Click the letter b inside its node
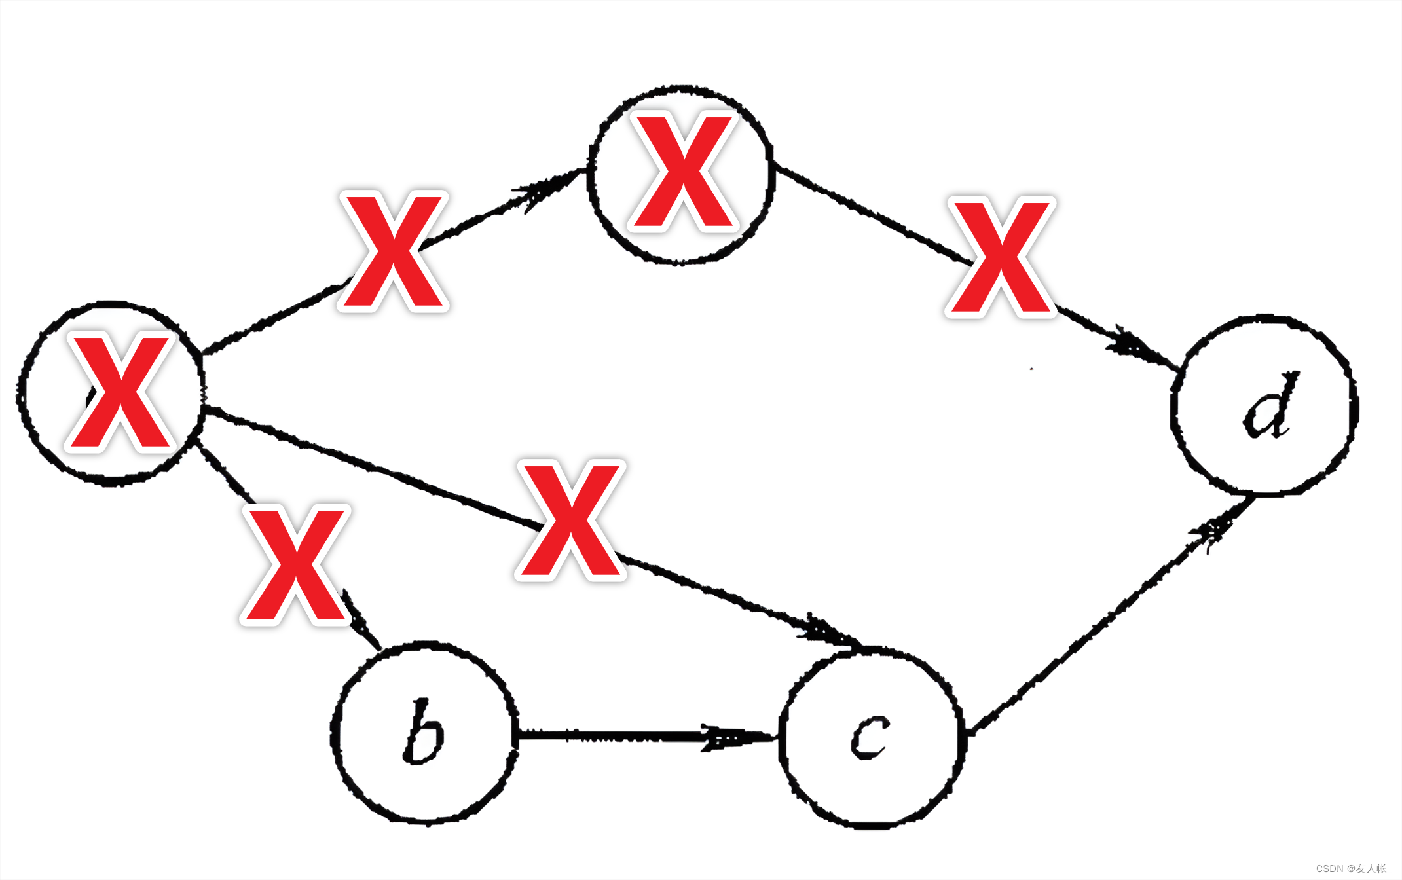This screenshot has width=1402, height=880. click(x=424, y=731)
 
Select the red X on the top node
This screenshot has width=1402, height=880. click(x=684, y=172)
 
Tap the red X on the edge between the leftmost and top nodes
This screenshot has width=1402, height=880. click(x=393, y=251)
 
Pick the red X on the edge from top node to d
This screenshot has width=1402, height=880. click(x=1001, y=257)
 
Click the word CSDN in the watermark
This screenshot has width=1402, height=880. click(x=1329, y=869)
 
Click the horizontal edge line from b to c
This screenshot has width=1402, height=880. click(x=609, y=735)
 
